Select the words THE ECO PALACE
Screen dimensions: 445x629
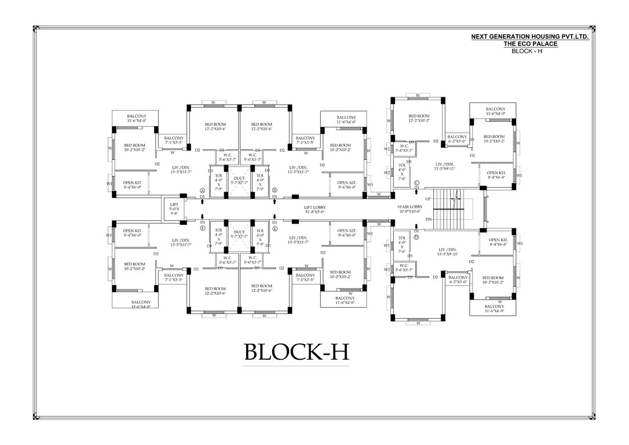point(530,44)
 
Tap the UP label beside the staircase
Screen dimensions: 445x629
point(428,198)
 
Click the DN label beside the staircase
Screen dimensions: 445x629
point(428,219)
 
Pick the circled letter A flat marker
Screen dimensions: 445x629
point(202,190)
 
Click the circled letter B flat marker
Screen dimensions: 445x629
point(275,190)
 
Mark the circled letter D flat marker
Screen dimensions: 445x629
point(416,237)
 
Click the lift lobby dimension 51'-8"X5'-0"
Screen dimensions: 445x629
point(315,212)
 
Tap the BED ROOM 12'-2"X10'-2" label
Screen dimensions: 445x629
point(419,118)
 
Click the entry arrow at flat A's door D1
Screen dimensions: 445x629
point(202,202)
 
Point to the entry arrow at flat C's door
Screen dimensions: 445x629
point(416,192)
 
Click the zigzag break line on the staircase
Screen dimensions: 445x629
point(456,199)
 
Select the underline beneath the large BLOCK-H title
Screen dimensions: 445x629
point(297,366)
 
